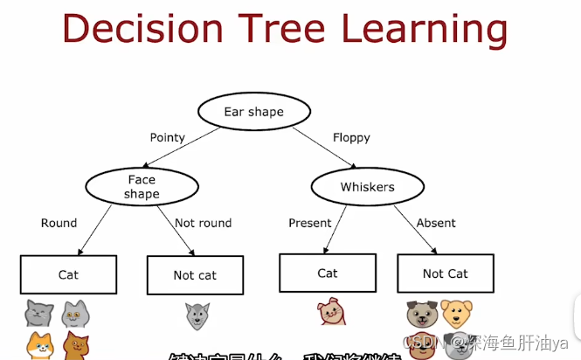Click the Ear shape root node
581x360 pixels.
[x=253, y=112]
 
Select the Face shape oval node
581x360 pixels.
[x=141, y=187]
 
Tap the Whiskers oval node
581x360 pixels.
[x=367, y=187]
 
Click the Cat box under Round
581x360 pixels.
[x=68, y=274]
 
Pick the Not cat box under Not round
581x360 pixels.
[x=195, y=275]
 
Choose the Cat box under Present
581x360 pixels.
[x=328, y=273]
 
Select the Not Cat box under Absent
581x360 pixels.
[x=446, y=273]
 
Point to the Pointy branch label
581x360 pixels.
[x=168, y=137]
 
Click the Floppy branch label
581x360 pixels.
[x=351, y=137]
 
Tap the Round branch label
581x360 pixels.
[x=59, y=223]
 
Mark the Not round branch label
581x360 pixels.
[x=203, y=223]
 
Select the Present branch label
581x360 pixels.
[x=310, y=223]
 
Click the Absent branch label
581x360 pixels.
[x=436, y=223]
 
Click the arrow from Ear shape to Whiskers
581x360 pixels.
[x=323, y=146]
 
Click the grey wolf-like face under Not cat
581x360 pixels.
[x=197, y=315]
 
